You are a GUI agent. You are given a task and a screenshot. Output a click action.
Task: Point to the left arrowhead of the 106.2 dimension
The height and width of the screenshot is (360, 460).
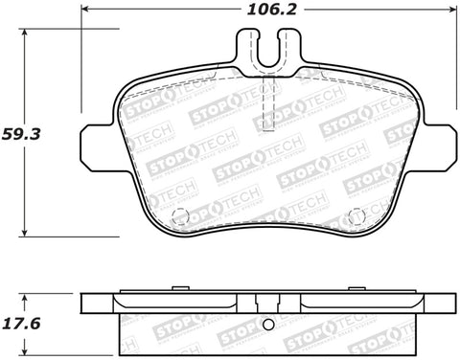point(84,11)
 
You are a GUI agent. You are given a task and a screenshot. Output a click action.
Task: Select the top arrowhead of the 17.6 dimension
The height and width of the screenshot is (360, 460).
point(26,293)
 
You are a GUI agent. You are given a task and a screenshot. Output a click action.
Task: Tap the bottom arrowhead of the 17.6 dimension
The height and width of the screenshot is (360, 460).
point(26,353)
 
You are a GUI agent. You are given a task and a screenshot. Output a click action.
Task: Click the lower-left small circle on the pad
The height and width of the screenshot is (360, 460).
point(174,215)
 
